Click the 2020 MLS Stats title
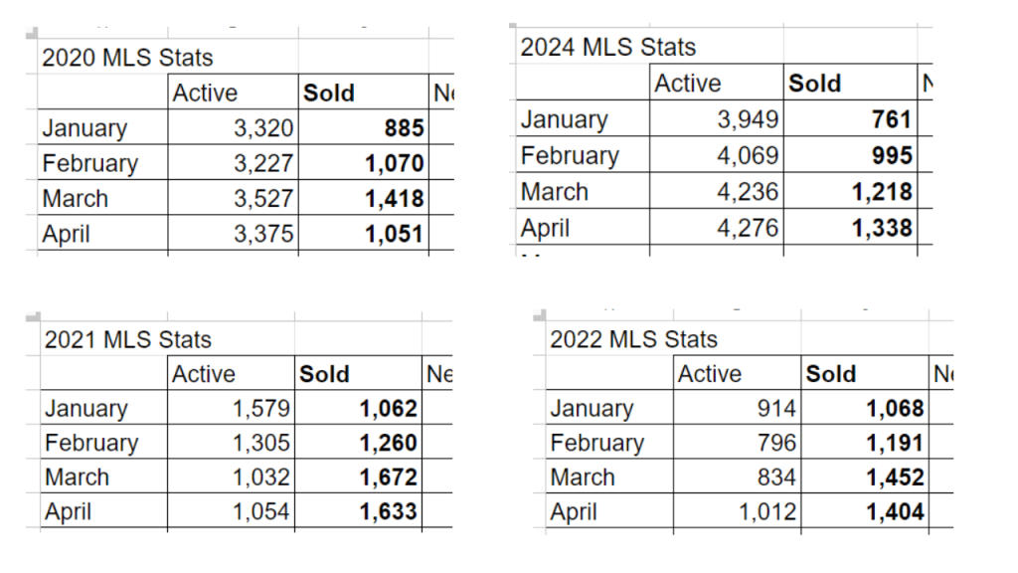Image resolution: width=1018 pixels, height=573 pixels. (127, 58)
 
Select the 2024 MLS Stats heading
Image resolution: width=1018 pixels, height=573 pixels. (607, 47)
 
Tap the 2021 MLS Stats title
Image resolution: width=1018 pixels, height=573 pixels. (127, 339)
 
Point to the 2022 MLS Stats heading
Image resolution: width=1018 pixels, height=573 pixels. (633, 339)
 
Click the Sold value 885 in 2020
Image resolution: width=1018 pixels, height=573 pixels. (404, 128)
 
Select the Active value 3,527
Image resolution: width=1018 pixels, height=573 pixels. (263, 198)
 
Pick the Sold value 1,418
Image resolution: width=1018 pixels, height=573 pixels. (395, 198)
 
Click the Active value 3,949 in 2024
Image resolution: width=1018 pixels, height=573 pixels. (748, 119)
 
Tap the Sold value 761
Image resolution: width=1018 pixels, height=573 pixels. (891, 119)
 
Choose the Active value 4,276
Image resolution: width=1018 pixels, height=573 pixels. (748, 228)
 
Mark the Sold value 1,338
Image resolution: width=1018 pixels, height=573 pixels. (882, 228)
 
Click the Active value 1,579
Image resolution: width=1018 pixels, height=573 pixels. (260, 408)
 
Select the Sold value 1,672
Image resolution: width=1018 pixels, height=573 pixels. (389, 477)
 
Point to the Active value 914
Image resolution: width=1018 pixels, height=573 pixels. (776, 408)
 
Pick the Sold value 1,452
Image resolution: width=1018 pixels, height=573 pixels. (895, 477)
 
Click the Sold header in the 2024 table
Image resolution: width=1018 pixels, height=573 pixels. (814, 84)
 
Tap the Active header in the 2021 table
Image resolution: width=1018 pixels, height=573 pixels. (204, 374)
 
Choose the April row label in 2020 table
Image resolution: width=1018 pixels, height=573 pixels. (68, 234)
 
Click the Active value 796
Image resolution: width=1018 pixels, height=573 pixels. (776, 443)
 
